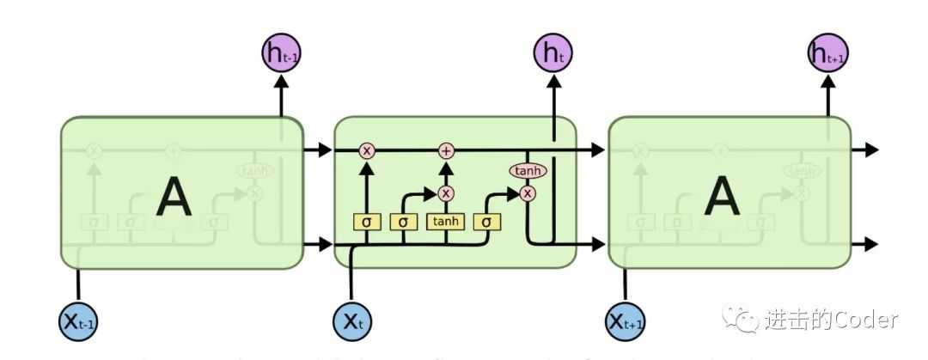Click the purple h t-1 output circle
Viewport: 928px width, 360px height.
click(x=281, y=53)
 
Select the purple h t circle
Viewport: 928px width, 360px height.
click(x=553, y=53)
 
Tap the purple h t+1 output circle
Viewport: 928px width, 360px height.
click(x=827, y=53)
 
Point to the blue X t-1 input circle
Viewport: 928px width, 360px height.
click(x=79, y=321)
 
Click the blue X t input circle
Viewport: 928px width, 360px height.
click(x=353, y=321)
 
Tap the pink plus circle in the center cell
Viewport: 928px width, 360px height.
click(x=446, y=151)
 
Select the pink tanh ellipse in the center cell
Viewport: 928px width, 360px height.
click(x=528, y=171)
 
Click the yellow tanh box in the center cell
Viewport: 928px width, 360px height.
click(x=446, y=222)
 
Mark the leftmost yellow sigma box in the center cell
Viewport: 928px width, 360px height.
click(x=367, y=222)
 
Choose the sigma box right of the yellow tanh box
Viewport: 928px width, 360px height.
click(x=486, y=222)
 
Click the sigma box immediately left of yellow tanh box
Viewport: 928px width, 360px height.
click(x=403, y=222)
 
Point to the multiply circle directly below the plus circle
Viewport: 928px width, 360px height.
click(x=446, y=192)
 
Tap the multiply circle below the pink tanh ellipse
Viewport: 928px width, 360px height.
click(x=528, y=192)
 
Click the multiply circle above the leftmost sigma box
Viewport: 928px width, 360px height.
click(x=367, y=151)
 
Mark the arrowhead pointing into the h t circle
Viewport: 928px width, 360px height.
click(x=553, y=80)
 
